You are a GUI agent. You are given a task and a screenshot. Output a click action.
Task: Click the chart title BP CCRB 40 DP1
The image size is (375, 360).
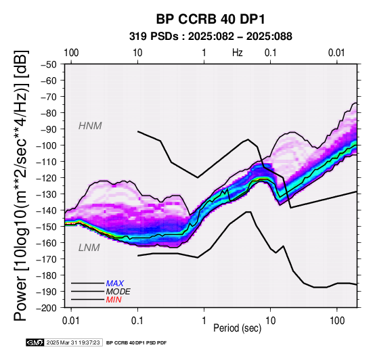tap(211, 19)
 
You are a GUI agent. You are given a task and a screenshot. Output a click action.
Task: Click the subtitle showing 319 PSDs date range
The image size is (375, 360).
tap(211, 37)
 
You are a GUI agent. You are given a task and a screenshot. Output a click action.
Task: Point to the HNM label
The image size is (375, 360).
tap(90, 126)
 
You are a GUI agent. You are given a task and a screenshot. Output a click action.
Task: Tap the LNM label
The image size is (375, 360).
tap(89, 248)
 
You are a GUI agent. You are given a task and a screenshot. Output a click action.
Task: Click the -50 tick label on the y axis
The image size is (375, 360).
tap(49, 64)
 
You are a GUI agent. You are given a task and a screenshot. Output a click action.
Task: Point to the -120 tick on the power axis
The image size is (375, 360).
tap(47, 178)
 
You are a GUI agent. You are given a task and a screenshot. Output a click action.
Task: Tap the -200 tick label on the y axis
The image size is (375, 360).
tap(47, 308)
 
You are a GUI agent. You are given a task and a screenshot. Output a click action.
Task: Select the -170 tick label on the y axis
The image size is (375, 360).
tap(47, 259)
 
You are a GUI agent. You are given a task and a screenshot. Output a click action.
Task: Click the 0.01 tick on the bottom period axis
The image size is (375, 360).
tap(71, 321)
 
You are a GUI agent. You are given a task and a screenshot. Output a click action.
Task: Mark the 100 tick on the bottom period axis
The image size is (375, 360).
tap(337, 321)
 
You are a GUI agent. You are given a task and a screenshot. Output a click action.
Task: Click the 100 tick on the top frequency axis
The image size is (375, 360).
tap(71, 53)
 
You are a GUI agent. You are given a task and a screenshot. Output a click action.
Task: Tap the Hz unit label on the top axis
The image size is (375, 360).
tap(237, 53)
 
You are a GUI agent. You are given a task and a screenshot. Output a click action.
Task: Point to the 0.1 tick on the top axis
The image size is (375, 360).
tap(271, 53)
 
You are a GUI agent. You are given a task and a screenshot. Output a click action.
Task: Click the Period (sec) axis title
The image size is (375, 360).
tap(237, 328)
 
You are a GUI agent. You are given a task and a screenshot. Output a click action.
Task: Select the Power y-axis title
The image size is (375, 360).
tap(21, 185)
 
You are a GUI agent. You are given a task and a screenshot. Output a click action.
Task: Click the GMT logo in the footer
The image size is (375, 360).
tap(35, 342)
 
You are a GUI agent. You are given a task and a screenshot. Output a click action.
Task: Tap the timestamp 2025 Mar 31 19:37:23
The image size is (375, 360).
tap(73, 342)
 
